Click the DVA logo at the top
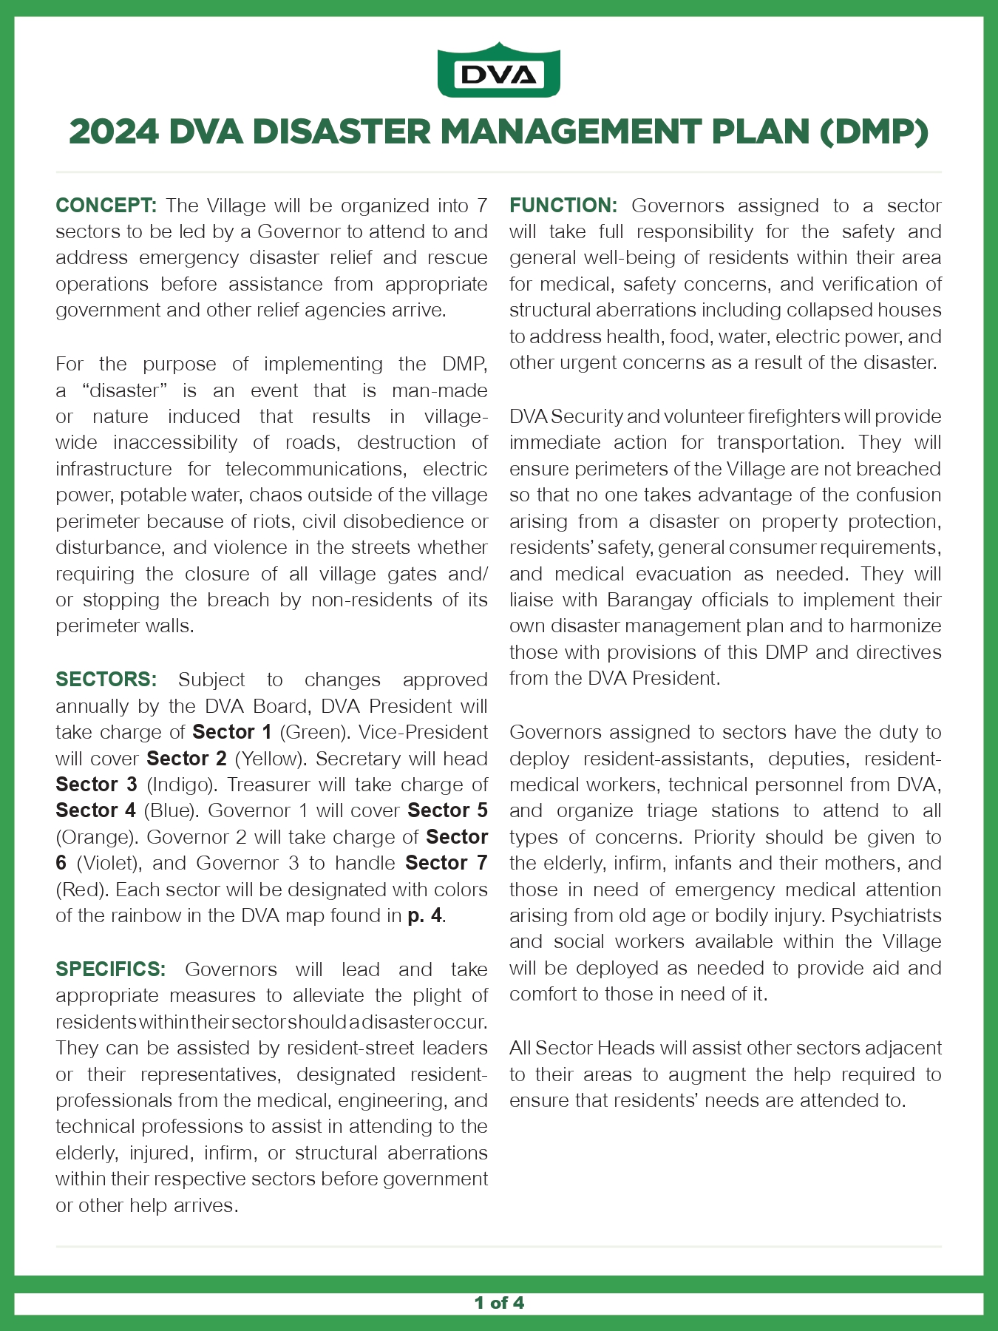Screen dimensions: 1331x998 coord(499,71)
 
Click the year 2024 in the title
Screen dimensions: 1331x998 coord(114,132)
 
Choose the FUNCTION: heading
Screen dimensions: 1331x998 coord(563,206)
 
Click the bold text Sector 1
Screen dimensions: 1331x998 coord(232,732)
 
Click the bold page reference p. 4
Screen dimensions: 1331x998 coord(425,915)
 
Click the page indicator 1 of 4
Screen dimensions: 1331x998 coord(499,1302)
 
